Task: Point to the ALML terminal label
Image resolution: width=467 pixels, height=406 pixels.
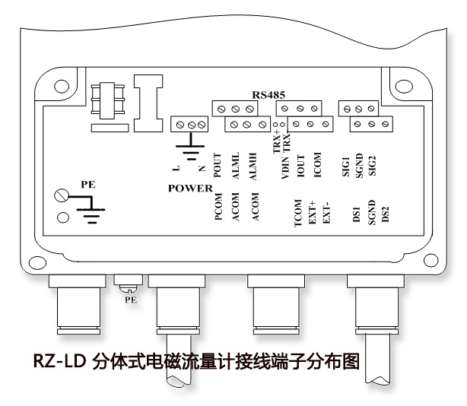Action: tap(236, 164)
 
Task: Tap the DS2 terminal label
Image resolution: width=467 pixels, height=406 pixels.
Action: tap(385, 215)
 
